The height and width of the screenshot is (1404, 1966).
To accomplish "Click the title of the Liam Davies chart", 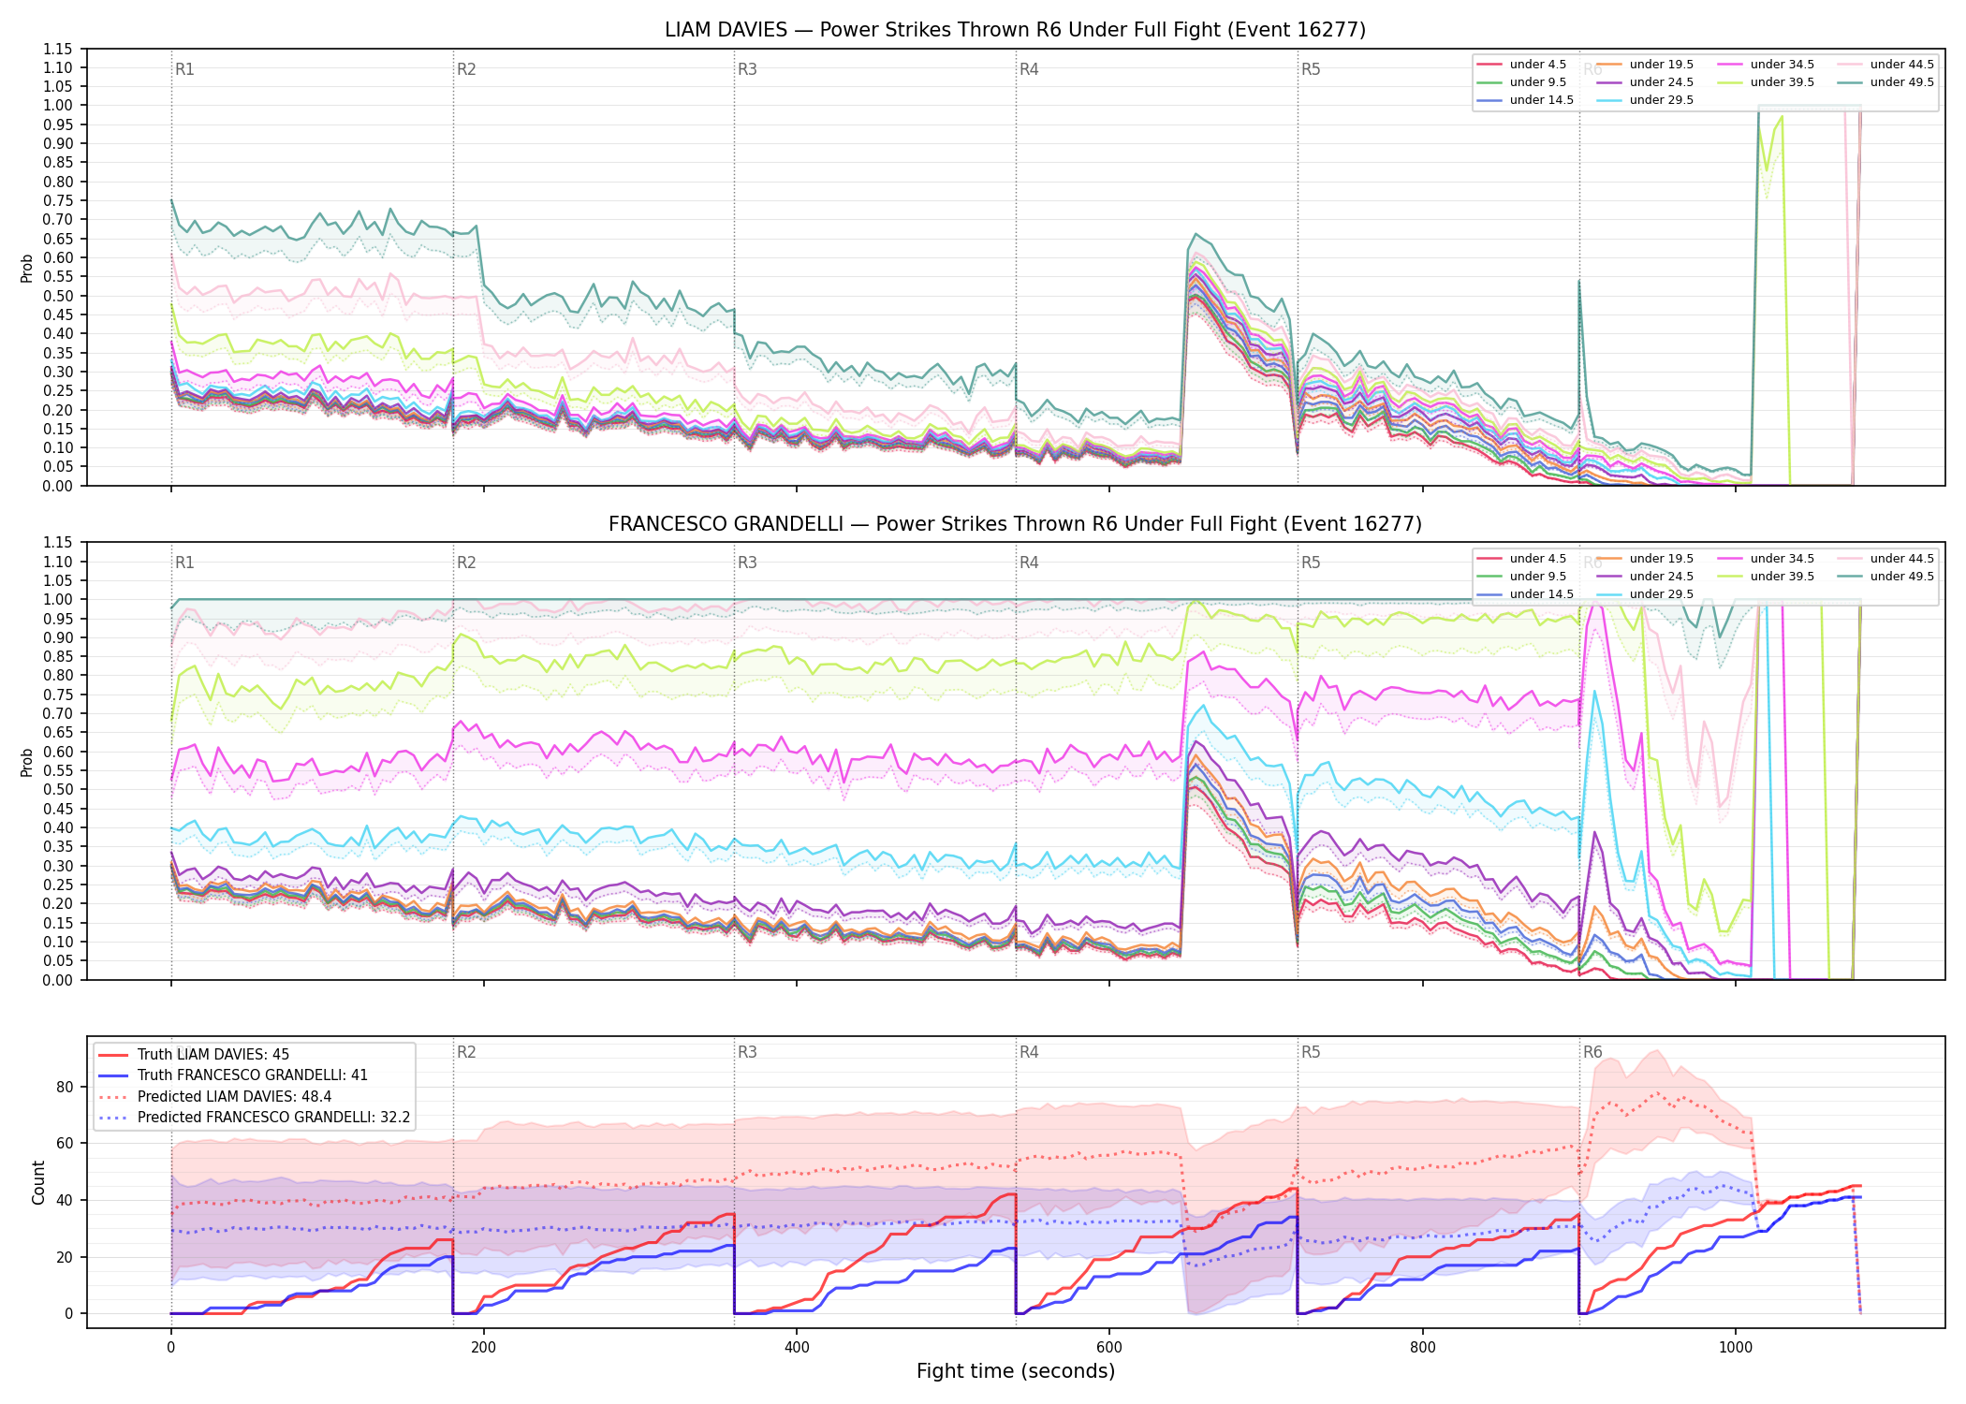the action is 1015,30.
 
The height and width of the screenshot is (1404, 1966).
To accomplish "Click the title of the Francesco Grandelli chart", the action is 1015,524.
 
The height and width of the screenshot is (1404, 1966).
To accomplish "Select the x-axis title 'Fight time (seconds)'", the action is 1016,1371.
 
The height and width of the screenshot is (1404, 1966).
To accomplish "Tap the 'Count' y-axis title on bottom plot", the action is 38,1182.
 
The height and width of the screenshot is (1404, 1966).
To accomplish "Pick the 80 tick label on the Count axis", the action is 65,1087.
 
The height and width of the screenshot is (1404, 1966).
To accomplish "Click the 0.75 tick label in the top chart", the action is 57,200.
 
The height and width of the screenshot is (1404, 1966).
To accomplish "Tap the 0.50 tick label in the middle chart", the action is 57,789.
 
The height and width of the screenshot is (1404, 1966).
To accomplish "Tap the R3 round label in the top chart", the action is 747,69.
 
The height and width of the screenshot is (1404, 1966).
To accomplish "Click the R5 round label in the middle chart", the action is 1311,563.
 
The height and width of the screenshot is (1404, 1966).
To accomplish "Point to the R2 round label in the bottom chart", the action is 466,1052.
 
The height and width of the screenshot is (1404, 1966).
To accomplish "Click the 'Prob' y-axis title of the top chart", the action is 27,268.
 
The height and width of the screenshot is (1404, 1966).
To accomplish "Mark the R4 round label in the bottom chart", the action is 1029,1052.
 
